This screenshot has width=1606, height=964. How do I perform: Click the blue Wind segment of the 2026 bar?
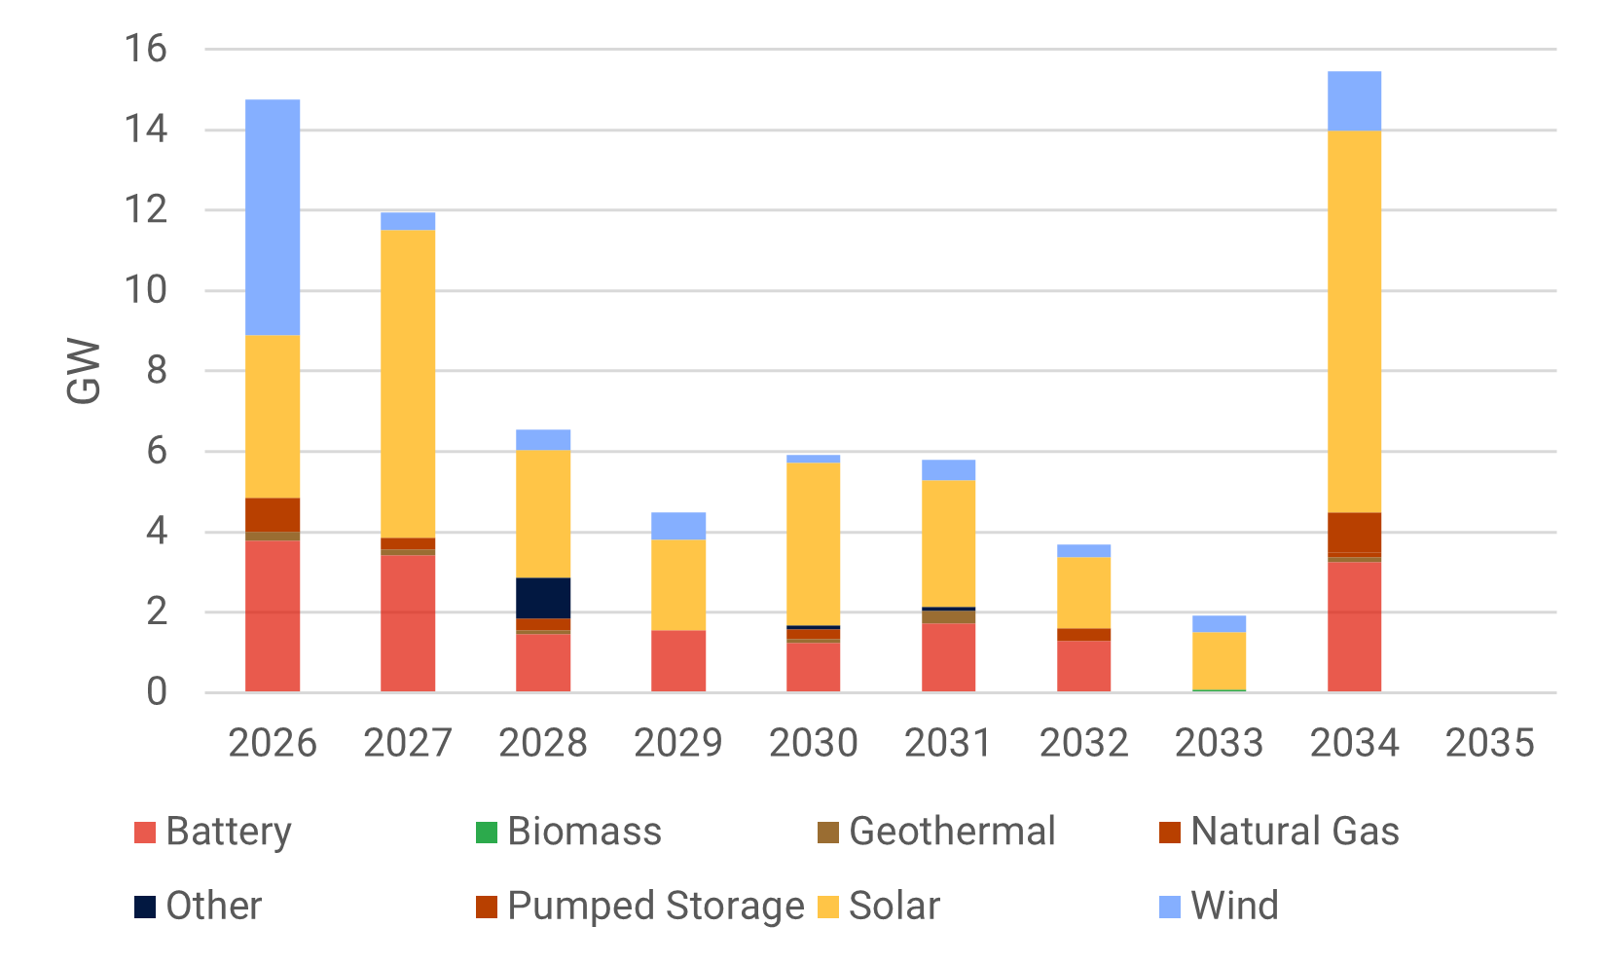[x=273, y=217]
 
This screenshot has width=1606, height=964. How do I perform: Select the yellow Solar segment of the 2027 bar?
[x=408, y=384]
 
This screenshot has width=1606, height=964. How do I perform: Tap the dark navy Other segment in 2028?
[x=543, y=598]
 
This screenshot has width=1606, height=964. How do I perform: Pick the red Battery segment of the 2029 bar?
[x=678, y=661]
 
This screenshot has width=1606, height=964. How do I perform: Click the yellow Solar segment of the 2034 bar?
[x=1354, y=321]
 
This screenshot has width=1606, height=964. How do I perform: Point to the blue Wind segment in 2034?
[x=1354, y=101]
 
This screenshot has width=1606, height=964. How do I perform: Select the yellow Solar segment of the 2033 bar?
[x=1219, y=660]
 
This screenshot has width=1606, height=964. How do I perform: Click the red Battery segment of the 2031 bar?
[x=949, y=657]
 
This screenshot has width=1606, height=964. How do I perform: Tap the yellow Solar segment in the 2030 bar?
[x=814, y=543]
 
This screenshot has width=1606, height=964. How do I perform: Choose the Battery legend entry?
[x=213, y=832]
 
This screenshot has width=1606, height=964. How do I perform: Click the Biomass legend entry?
[x=568, y=832]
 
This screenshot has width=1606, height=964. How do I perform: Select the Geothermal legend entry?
[x=936, y=832]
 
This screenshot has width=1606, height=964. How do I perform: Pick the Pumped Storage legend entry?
[x=640, y=906]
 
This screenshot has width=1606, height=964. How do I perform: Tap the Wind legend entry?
[x=1219, y=906]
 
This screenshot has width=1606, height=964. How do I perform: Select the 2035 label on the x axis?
[x=1489, y=743]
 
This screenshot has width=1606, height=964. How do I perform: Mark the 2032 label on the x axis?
[x=1083, y=743]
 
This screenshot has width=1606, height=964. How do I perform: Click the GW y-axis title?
[x=85, y=371]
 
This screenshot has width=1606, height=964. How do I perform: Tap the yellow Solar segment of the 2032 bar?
[x=1083, y=592]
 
